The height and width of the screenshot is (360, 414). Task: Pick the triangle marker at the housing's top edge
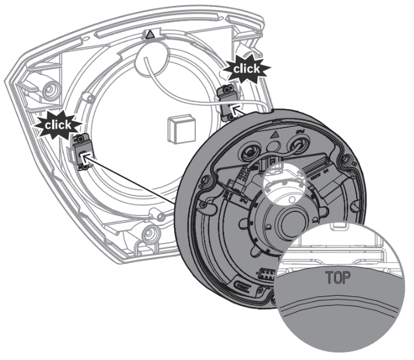[151, 35]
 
